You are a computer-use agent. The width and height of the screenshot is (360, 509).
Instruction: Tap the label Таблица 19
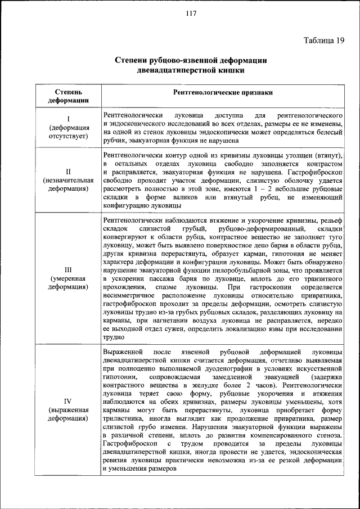click(324, 40)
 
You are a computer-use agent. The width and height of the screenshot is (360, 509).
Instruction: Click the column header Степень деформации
click(68, 96)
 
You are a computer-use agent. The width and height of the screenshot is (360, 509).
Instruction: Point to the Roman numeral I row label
click(68, 119)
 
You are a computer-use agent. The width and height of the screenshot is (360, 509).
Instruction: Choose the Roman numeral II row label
click(68, 171)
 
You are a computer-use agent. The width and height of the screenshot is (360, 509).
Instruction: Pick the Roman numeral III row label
click(68, 269)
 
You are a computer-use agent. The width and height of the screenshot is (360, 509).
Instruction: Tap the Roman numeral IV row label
click(68, 401)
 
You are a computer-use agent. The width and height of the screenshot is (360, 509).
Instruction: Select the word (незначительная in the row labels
click(68, 180)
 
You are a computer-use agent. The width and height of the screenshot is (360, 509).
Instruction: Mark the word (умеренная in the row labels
click(68, 278)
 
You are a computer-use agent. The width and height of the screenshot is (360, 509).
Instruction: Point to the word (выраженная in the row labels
click(68, 410)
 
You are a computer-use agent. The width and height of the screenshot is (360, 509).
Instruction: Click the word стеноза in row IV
click(329, 438)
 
